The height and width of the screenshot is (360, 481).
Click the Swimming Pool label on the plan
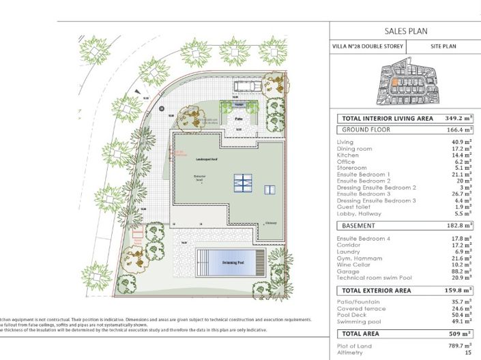231,261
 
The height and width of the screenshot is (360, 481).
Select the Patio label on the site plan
239,118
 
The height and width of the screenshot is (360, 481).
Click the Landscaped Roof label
207,158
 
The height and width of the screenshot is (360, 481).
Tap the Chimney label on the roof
272,223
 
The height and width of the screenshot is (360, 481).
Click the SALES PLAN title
405,31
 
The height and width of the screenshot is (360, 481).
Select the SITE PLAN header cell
443,47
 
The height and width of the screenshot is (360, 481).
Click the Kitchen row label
348,155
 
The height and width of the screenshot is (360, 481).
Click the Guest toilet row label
353,207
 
